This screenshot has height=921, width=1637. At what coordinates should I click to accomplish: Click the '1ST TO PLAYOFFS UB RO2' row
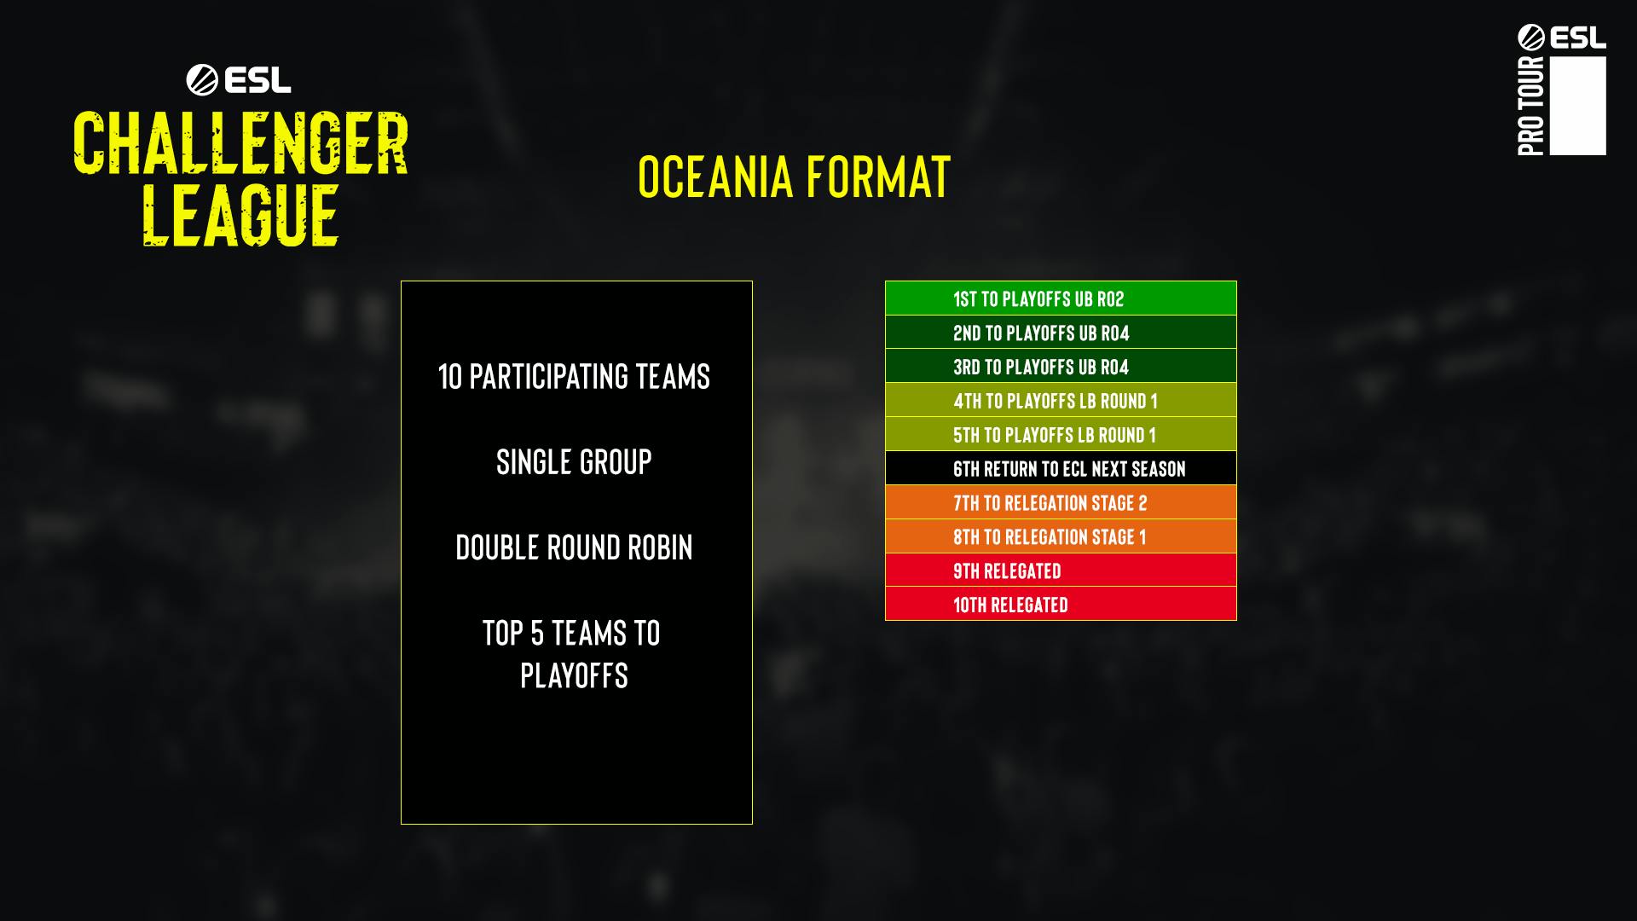[x=1061, y=298]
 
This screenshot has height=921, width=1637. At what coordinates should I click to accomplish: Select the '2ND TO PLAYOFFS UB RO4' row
[x=1061, y=332]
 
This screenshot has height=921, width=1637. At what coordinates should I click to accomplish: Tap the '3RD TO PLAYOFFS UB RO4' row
[x=1061, y=366]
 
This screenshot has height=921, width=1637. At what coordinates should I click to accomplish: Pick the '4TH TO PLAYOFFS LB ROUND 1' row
[x=1061, y=400]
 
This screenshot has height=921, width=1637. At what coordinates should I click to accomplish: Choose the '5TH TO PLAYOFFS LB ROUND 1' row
[x=1061, y=434]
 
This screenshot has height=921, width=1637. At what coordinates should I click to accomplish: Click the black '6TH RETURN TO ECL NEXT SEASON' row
[x=1061, y=468]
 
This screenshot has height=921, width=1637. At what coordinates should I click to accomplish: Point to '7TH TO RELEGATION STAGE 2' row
[x=1061, y=502]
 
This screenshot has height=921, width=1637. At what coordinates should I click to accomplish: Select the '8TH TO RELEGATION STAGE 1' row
[x=1061, y=536]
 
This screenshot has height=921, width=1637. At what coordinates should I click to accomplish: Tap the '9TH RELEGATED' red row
[x=1061, y=570]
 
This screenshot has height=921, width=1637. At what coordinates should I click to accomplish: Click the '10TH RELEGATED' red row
[x=1061, y=604]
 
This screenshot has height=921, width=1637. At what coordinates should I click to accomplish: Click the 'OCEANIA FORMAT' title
[x=794, y=177]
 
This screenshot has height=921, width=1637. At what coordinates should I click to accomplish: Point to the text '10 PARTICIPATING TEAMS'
[x=574, y=376]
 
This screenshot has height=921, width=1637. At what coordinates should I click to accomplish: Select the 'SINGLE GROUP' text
[x=574, y=462]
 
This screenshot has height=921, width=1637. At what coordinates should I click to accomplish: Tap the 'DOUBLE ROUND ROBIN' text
[x=574, y=547]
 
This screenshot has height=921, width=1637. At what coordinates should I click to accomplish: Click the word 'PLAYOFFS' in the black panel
[x=574, y=675]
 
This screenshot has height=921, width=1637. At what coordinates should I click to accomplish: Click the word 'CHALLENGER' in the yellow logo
[x=240, y=142]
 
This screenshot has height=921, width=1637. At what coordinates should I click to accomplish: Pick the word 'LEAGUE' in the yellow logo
[x=240, y=215]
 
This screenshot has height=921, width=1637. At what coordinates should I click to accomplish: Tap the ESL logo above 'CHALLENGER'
[x=239, y=80]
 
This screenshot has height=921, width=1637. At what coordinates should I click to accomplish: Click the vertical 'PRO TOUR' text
[x=1531, y=106]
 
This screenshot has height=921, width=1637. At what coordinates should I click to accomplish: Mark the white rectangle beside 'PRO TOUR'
[x=1578, y=106]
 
